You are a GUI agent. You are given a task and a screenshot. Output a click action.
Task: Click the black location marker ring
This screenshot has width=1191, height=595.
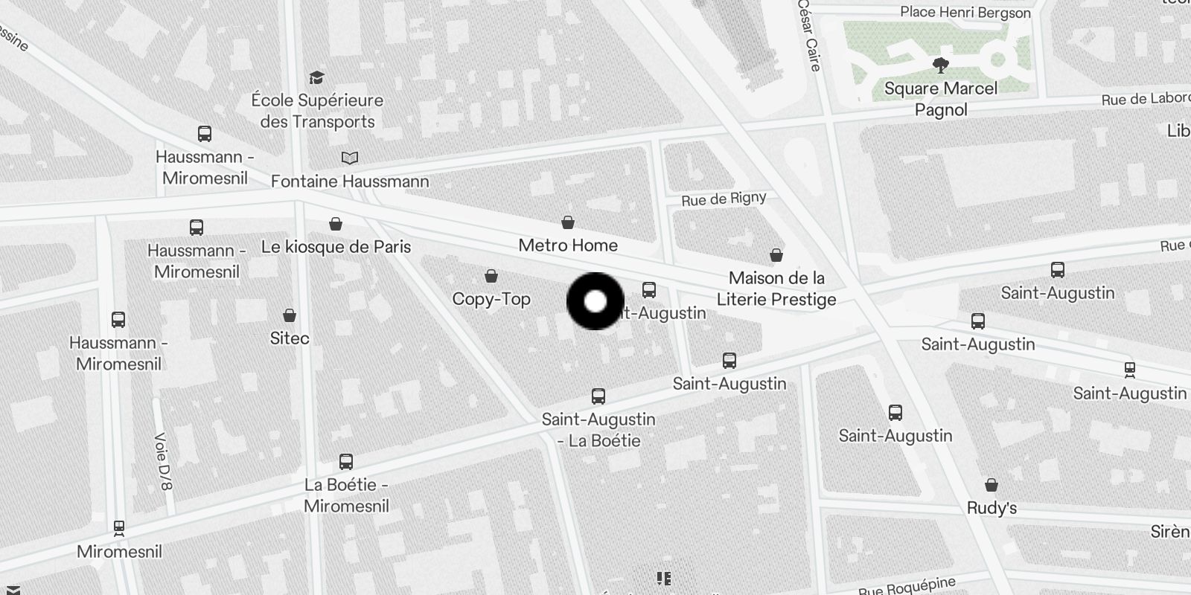tap(595, 301)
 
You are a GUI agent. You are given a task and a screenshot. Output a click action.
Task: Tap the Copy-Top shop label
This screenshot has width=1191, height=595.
tap(491, 299)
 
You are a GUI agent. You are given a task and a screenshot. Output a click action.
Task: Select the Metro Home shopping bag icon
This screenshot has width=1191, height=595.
tap(568, 222)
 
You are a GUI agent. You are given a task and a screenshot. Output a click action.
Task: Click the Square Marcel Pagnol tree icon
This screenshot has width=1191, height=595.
tap(941, 65)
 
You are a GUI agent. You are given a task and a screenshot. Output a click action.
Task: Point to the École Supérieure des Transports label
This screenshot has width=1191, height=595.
tap(317, 111)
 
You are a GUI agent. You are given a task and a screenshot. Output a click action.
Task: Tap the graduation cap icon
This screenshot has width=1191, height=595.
tap(317, 78)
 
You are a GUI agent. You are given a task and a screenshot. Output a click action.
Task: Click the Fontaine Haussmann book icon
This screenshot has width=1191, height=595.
tap(350, 158)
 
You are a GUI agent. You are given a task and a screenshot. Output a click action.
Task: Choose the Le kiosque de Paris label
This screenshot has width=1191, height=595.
tap(336, 247)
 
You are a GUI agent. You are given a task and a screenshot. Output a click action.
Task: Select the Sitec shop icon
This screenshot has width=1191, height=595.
tap(290, 316)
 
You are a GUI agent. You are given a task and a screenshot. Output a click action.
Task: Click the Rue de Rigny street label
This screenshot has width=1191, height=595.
tap(724, 199)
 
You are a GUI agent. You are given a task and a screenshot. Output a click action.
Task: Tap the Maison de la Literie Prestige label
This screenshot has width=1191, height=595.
tap(776, 289)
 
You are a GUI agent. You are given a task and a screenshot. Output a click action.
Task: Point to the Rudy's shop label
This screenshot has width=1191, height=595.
tap(992, 509)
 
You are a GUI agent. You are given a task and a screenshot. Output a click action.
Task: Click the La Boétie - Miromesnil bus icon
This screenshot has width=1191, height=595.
tap(346, 462)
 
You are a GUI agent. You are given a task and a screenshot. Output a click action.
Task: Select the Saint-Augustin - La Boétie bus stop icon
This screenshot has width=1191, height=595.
tap(598, 396)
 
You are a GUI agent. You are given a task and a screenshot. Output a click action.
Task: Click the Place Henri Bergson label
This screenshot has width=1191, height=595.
tap(965, 13)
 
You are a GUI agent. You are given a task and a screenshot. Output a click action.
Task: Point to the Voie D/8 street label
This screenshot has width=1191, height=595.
tap(163, 461)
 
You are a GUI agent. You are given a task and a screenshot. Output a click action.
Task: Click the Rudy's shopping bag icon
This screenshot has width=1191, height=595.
tap(992, 486)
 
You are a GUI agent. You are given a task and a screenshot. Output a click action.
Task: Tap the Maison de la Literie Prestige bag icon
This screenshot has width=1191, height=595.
tap(776, 256)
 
